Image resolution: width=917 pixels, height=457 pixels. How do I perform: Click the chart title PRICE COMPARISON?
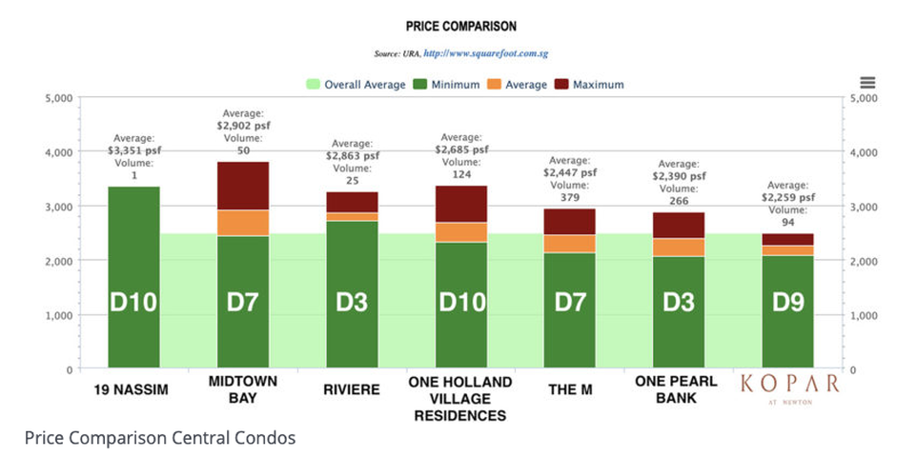[x=460, y=27]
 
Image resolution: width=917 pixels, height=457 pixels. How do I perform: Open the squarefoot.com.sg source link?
[x=485, y=53]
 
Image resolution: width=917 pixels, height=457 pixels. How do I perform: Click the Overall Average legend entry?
[x=356, y=85]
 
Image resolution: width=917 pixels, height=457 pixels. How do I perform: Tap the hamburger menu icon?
[x=867, y=83]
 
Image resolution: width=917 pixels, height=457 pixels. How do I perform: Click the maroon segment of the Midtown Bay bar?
[x=243, y=186]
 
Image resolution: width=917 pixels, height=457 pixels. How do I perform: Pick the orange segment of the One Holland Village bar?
[x=461, y=232]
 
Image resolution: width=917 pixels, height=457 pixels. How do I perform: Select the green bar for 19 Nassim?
[x=133, y=277]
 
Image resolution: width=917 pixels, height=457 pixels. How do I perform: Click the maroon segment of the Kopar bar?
[x=787, y=240]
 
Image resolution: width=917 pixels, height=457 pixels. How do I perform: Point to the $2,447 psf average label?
[x=570, y=172]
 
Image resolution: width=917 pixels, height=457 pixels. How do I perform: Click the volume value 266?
[x=679, y=201]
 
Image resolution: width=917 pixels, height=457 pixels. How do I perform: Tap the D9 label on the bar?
[x=787, y=302]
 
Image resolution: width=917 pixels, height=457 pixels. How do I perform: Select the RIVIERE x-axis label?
[x=352, y=389]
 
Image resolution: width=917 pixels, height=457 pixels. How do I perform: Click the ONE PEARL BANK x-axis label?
[x=678, y=389]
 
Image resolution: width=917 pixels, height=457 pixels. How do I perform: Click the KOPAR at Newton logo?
[x=790, y=388]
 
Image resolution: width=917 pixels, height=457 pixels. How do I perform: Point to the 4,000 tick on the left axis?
[x=59, y=152]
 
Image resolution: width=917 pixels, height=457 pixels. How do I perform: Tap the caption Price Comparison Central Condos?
[x=160, y=438]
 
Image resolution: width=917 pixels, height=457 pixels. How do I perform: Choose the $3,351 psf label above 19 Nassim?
[x=133, y=150]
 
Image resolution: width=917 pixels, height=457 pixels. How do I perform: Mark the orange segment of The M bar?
[x=570, y=244]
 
